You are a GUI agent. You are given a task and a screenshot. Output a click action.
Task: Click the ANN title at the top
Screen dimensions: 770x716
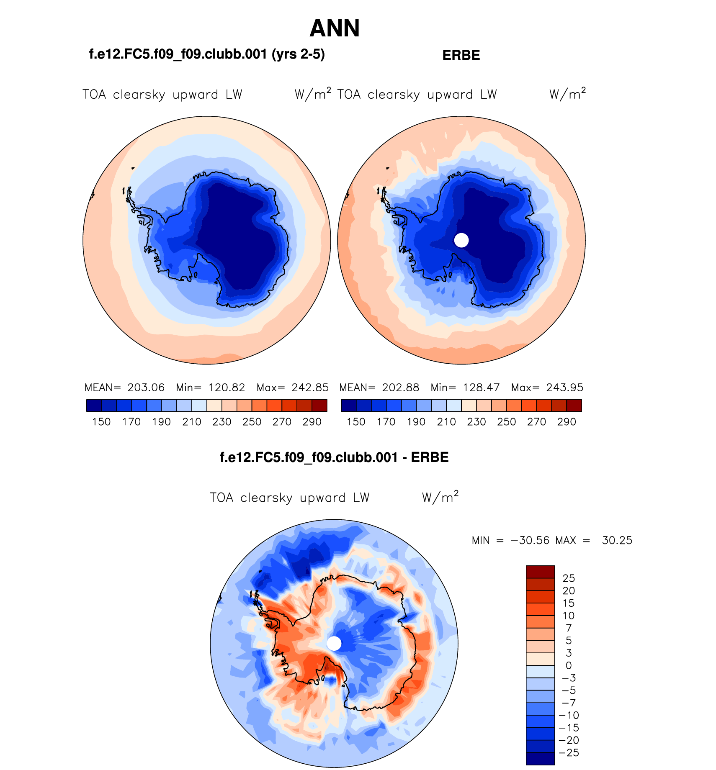point(335,28)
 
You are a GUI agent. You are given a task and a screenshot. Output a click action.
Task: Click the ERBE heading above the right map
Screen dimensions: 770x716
point(461,55)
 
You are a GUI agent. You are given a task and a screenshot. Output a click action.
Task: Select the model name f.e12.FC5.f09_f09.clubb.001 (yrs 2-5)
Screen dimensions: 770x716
point(207,54)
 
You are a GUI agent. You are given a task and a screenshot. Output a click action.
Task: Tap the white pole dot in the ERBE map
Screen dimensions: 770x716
point(461,240)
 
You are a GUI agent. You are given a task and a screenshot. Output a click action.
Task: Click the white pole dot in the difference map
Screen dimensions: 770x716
point(334,643)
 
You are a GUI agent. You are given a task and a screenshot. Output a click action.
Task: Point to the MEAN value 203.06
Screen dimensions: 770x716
point(146,388)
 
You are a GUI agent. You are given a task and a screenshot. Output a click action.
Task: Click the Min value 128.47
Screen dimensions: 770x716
point(482,388)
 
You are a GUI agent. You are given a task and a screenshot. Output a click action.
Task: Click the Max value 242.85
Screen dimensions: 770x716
point(310,388)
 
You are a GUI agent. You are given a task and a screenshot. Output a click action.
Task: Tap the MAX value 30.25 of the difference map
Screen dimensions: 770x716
point(617,540)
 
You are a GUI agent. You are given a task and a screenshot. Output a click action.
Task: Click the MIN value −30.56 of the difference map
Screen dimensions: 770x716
point(530,540)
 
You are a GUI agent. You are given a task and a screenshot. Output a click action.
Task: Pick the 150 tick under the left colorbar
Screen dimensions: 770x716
point(101,422)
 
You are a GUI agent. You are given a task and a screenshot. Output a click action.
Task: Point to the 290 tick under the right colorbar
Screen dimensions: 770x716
point(567,422)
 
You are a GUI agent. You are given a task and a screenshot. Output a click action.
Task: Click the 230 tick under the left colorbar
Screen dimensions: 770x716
point(222,422)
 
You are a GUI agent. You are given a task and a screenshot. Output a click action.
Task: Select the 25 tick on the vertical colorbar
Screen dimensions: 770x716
point(569,578)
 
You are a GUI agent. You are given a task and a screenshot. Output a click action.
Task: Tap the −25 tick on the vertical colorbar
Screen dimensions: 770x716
point(569,753)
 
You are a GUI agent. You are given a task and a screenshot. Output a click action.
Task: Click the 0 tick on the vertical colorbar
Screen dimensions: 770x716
point(569,665)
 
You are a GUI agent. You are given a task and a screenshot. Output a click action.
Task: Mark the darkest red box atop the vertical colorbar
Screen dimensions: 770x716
point(540,572)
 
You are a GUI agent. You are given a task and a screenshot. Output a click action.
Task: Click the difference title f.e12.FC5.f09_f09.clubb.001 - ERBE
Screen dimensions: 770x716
point(334,457)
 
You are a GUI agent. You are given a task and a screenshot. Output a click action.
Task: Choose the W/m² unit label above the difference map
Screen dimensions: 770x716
point(440,497)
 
